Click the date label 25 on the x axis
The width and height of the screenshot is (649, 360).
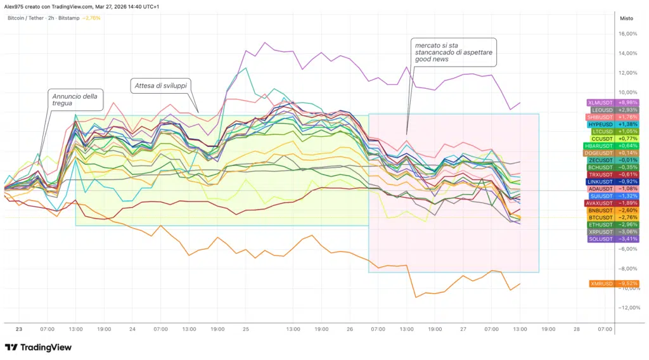coord(245,330)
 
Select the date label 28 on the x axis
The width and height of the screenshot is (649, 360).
coord(577,330)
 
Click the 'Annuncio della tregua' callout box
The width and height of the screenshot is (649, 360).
coord(75,100)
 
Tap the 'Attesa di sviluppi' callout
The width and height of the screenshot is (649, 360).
coord(162,85)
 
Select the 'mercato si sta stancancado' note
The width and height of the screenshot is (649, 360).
coord(453,52)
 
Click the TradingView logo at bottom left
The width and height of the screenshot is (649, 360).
coord(38,347)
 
